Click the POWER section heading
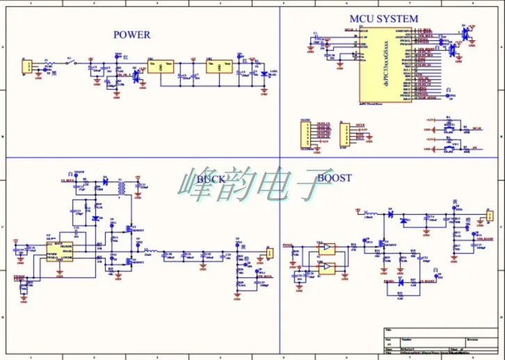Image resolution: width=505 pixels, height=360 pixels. (x=131, y=35)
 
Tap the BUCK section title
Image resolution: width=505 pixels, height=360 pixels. (x=211, y=179)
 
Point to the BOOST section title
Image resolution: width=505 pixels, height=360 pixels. (x=335, y=178)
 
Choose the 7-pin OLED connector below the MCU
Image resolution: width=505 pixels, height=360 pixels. (x=305, y=135)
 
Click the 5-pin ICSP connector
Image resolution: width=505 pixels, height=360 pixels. (x=342, y=134)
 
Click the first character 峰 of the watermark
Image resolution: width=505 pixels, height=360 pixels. (x=200, y=182)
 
